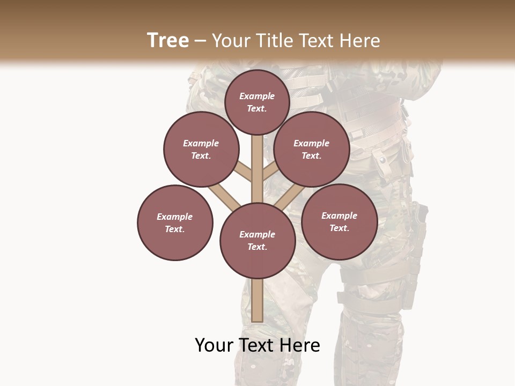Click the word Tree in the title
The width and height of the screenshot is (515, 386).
pyautogui.click(x=168, y=40)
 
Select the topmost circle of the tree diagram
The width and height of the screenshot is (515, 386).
pyautogui.click(x=257, y=102)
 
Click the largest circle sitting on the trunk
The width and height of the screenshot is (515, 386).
pyautogui.click(x=257, y=241)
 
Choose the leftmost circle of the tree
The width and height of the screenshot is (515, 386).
pyautogui.click(x=175, y=222)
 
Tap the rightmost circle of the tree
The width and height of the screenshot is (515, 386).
pyautogui.click(x=340, y=221)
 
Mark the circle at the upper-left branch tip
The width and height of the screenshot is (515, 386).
pyautogui.click(x=201, y=149)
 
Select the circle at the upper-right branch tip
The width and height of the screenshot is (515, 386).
pyautogui.click(x=312, y=149)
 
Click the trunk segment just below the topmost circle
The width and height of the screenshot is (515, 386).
pyautogui.click(x=257, y=147)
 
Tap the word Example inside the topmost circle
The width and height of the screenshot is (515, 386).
pyautogui.click(x=257, y=96)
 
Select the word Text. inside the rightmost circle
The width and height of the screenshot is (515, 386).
pyautogui.click(x=339, y=228)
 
